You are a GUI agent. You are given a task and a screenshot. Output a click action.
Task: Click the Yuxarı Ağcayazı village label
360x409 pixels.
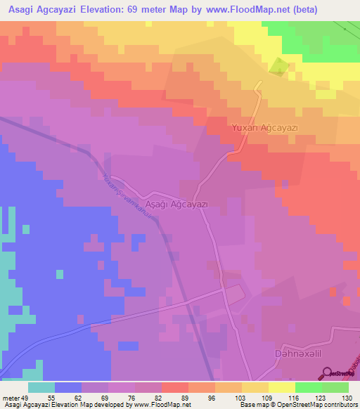(x=264, y=128)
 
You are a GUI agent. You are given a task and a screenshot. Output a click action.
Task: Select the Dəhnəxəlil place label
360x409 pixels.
(x=302, y=356)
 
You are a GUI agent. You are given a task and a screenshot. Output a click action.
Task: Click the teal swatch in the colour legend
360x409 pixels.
(x=41, y=387)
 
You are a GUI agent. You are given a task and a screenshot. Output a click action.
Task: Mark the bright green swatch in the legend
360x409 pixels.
(x=308, y=387)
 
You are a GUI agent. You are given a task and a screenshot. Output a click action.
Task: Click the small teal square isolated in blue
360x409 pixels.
(x=26, y=229)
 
